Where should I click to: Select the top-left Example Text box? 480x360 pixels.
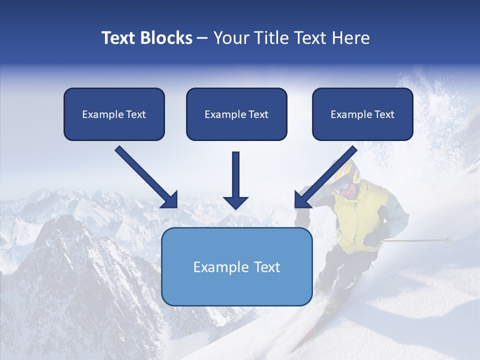click(x=114, y=114)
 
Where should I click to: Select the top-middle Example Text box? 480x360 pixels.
click(x=236, y=114)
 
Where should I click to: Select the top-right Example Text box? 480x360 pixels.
click(x=362, y=114)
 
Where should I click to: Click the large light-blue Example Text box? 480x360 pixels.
click(x=236, y=267)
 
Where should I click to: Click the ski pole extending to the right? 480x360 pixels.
click(x=420, y=240)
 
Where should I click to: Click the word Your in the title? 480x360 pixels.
click(x=230, y=38)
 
